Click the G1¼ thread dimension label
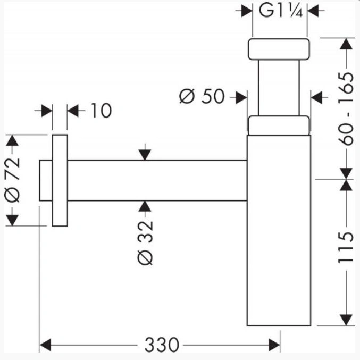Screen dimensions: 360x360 click(x=280, y=11)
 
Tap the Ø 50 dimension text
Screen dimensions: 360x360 click(x=202, y=96)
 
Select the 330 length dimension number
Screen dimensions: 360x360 click(x=162, y=345)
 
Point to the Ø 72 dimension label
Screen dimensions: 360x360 click(x=12, y=180)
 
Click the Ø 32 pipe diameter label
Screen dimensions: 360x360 click(x=145, y=242)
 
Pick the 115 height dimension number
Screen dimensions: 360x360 click(x=346, y=247)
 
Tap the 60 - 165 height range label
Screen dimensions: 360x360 click(x=346, y=109)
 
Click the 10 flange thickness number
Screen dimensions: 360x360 click(x=102, y=111)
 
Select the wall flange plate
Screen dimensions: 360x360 click(x=60, y=180)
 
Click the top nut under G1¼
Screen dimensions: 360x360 click(x=279, y=49)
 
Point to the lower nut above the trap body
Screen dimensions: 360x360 click(x=279, y=125)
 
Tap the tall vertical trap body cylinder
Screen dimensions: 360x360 click(x=279, y=230)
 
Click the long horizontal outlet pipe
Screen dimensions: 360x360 click(x=157, y=180)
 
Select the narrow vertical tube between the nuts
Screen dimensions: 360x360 click(x=279, y=88)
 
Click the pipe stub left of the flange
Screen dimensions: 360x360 click(x=46, y=180)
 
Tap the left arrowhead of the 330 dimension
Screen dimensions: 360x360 click(x=45, y=345)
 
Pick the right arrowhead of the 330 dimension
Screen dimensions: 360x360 click(x=274, y=345)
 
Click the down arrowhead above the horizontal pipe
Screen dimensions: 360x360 click(x=145, y=155)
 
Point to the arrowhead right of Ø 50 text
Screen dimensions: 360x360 click(x=241, y=97)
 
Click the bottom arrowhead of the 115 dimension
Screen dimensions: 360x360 click(x=346, y=320)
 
